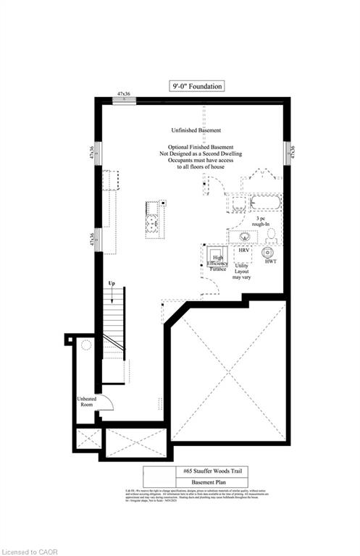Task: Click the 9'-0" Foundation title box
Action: [x=196, y=85]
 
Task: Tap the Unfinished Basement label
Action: [x=196, y=130]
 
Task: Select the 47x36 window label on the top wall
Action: [x=124, y=94]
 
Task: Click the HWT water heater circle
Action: [x=267, y=253]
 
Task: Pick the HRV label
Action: [x=244, y=250]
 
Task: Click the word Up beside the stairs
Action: [x=112, y=283]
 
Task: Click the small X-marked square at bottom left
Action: [x=91, y=439]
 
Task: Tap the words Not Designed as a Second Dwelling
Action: [x=201, y=154]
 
